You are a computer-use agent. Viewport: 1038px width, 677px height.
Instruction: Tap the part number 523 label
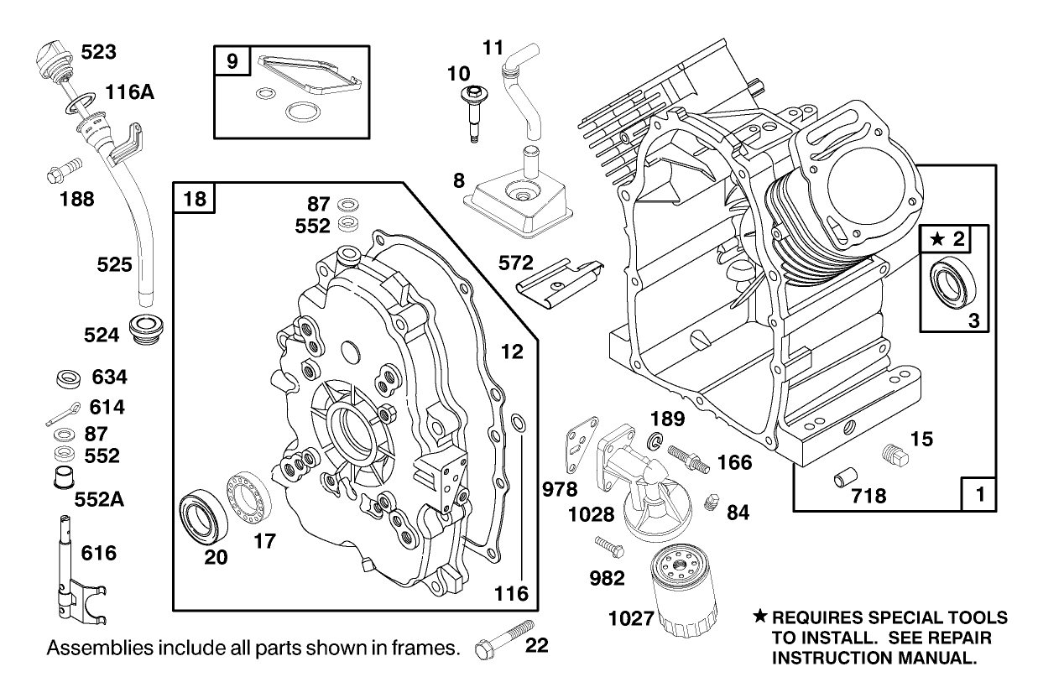[99, 52]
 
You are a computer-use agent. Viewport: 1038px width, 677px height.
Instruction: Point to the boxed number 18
[195, 199]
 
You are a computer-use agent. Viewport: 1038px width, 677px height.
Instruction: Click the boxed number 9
[232, 60]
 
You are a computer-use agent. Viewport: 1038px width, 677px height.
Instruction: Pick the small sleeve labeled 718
[844, 481]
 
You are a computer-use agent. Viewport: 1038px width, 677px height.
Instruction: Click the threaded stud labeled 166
[689, 457]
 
